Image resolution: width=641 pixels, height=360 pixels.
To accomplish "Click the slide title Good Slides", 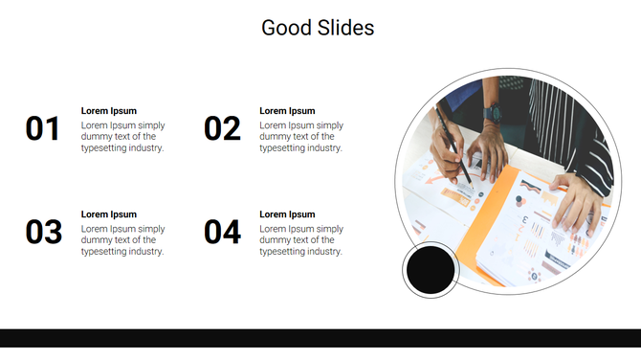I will (x=318, y=28).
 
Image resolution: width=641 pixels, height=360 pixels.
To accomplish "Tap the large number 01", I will (x=43, y=128).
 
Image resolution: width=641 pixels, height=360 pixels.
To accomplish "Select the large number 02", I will (x=222, y=128).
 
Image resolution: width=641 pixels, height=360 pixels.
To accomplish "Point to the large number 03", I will (x=43, y=232).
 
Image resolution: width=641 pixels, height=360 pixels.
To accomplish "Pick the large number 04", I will (x=222, y=232).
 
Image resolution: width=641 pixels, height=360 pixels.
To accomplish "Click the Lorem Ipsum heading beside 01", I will (x=109, y=111).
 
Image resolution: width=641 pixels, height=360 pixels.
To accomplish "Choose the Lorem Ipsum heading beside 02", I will (x=287, y=111).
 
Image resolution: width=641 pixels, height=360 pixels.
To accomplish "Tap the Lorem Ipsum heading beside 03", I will (x=109, y=214).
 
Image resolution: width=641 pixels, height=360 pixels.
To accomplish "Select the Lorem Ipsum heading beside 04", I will (x=287, y=214).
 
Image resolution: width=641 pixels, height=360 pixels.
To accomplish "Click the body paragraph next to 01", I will (x=122, y=137).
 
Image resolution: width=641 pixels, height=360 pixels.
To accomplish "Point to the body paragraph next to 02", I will (x=301, y=137).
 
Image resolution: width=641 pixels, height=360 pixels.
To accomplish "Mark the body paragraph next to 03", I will (x=122, y=240).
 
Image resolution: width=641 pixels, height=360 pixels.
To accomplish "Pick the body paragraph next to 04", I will (x=301, y=240).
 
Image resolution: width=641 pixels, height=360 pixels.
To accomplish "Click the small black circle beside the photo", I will (x=431, y=270).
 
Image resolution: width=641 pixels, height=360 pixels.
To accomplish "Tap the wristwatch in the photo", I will (x=493, y=113).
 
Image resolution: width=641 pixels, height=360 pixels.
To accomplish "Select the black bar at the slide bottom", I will (x=320, y=338).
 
